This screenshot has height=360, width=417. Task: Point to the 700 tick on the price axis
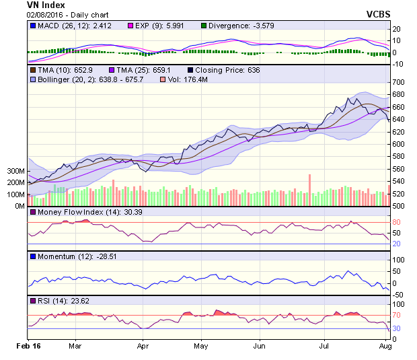click(x=398, y=82)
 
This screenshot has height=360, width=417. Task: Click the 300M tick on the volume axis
click(x=15, y=172)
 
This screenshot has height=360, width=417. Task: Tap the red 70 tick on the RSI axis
click(x=396, y=315)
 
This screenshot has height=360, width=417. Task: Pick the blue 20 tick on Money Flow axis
click(x=396, y=244)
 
